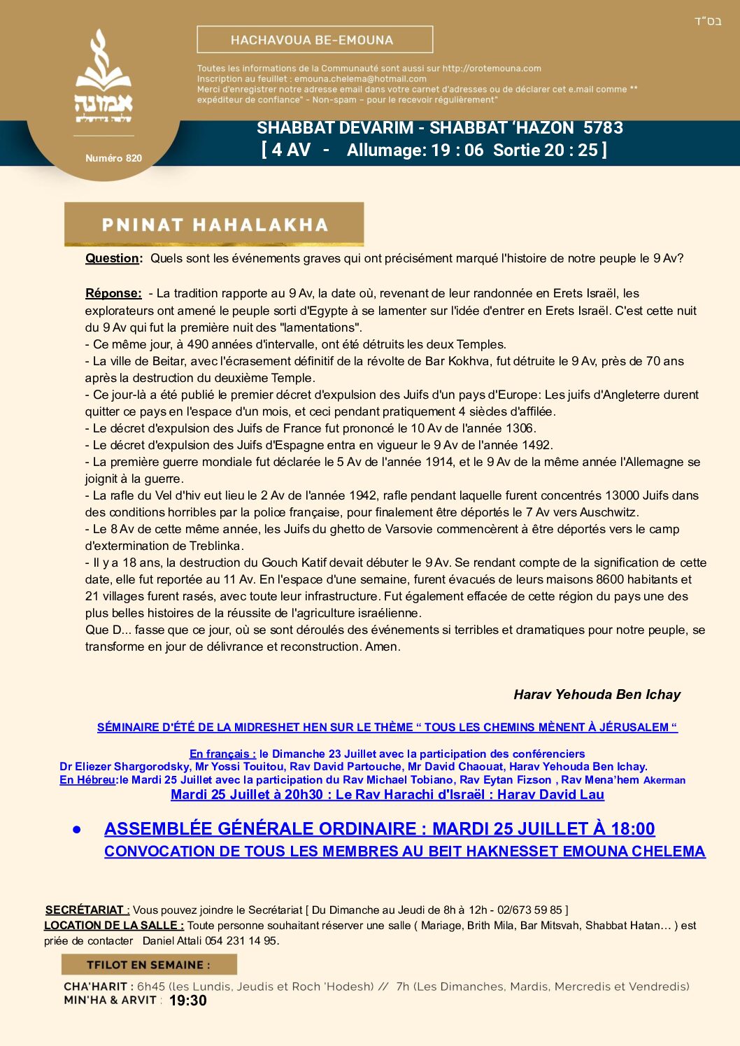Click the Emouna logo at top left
[x=104, y=77]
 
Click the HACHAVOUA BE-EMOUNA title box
[x=315, y=40]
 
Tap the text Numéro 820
[x=113, y=158]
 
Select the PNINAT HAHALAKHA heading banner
[x=214, y=225]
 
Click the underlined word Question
[x=112, y=258]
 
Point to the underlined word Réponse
[x=113, y=293]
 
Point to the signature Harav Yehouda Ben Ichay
[x=597, y=694]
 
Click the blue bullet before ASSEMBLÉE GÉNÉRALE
[x=77, y=829]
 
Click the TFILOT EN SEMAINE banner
[x=148, y=965]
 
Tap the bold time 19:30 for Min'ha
[x=188, y=1001]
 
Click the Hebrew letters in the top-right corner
[x=707, y=21]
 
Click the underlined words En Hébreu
[x=89, y=779]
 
